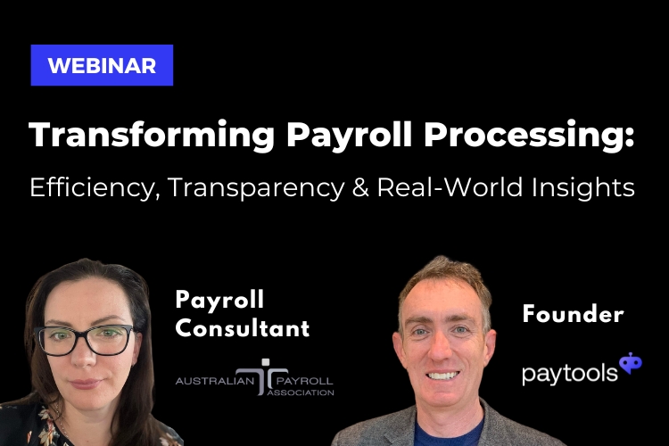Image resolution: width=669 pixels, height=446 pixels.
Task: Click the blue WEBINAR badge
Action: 102,65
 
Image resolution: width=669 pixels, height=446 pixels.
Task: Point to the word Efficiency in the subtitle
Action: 83,188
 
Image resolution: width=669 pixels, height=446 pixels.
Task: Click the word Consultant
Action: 243,328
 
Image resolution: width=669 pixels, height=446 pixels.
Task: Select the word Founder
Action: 572,313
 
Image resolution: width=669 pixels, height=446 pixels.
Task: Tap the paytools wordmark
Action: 569,371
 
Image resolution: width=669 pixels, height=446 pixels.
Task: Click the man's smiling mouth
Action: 443,375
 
